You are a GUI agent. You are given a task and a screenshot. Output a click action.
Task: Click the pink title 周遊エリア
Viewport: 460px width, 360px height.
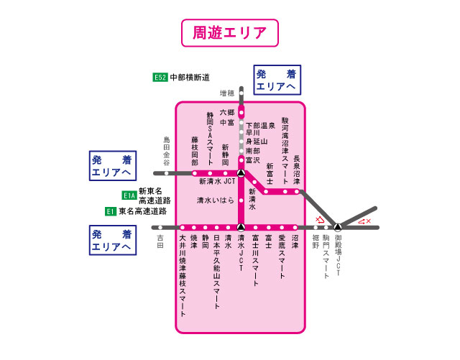click(x=229, y=32)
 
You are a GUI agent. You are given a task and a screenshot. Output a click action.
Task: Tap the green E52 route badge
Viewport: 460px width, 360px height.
click(x=160, y=78)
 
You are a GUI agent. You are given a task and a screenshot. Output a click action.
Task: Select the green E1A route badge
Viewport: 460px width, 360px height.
click(x=129, y=195)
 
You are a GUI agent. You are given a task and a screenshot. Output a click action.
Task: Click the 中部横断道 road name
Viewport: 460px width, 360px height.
click(x=190, y=78)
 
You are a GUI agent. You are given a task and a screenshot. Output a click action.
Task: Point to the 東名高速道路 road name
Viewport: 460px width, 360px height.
click(x=142, y=211)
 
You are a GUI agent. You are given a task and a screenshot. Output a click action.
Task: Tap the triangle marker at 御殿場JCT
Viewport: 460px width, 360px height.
click(x=338, y=227)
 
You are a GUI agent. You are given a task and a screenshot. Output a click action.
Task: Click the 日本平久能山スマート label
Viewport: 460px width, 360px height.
click(x=216, y=265)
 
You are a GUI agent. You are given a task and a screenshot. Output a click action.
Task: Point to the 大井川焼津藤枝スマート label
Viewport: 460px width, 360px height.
click(x=183, y=275)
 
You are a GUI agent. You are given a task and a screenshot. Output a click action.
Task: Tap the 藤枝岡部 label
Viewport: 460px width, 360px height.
click(x=194, y=152)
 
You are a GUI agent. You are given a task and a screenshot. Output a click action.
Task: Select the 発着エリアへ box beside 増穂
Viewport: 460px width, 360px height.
click(x=277, y=80)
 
